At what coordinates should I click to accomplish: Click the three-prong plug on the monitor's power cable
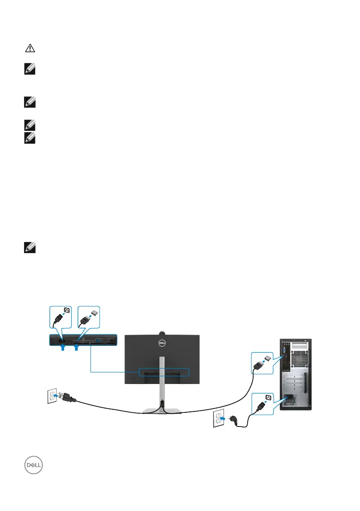tap(69, 399)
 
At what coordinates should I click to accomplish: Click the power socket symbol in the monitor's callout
tap(67, 311)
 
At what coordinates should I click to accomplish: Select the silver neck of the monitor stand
tap(162, 378)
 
